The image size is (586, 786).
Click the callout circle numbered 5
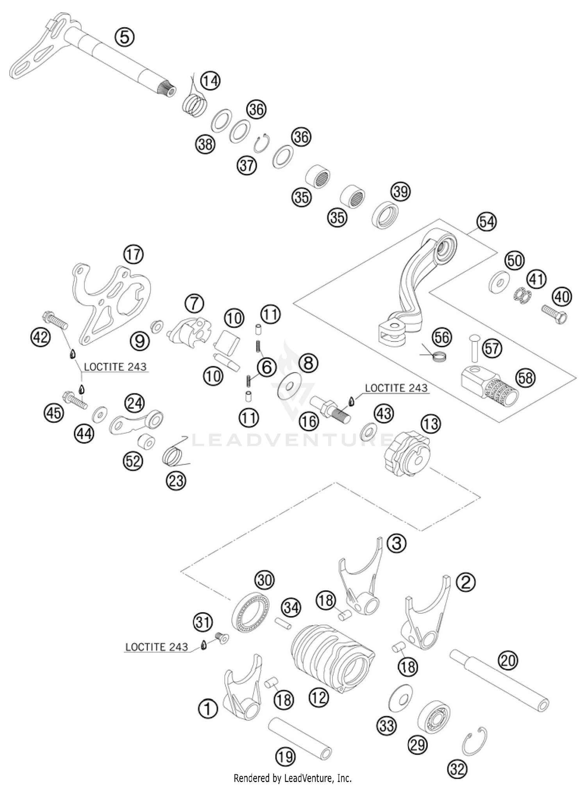click(124, 38)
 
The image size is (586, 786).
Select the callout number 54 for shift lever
click(486, 222)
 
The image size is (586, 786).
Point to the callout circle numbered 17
click(133, 255)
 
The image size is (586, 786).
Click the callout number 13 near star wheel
click(431, 424)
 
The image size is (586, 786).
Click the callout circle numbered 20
click(508, 661)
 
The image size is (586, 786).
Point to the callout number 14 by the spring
click(210, 81)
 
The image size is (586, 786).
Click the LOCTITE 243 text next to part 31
click(157, 647)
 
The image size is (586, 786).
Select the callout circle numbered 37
click(247, 166)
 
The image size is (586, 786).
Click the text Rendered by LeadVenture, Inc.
click(293, 778)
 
